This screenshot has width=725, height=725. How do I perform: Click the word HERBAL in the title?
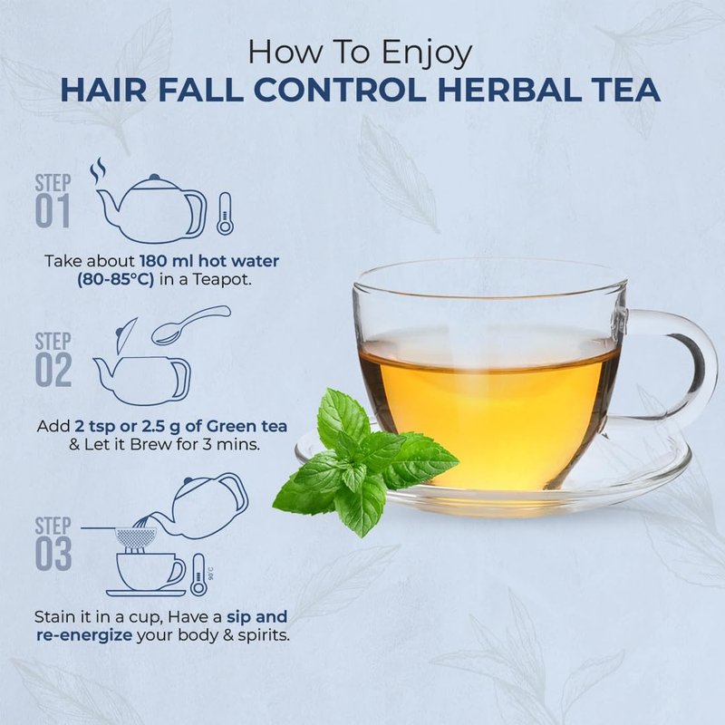[509, 90]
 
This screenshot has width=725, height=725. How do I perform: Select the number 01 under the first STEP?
[53, 211]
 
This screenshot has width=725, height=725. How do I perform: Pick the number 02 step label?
[53, 370]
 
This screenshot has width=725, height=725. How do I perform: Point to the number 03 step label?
[53, 554]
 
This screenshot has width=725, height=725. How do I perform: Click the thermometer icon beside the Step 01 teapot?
[225, 214]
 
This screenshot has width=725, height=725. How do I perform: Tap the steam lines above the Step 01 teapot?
[98, 170]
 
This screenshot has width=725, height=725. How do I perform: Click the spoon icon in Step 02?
[190, 324]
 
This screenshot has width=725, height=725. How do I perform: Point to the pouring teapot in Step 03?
[203, 507]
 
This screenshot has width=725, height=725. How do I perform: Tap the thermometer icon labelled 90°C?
[198, 575]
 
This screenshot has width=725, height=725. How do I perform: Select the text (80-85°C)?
[116, 280]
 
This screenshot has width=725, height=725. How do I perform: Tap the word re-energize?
[84, 636]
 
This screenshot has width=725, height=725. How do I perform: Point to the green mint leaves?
[365, 462]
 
